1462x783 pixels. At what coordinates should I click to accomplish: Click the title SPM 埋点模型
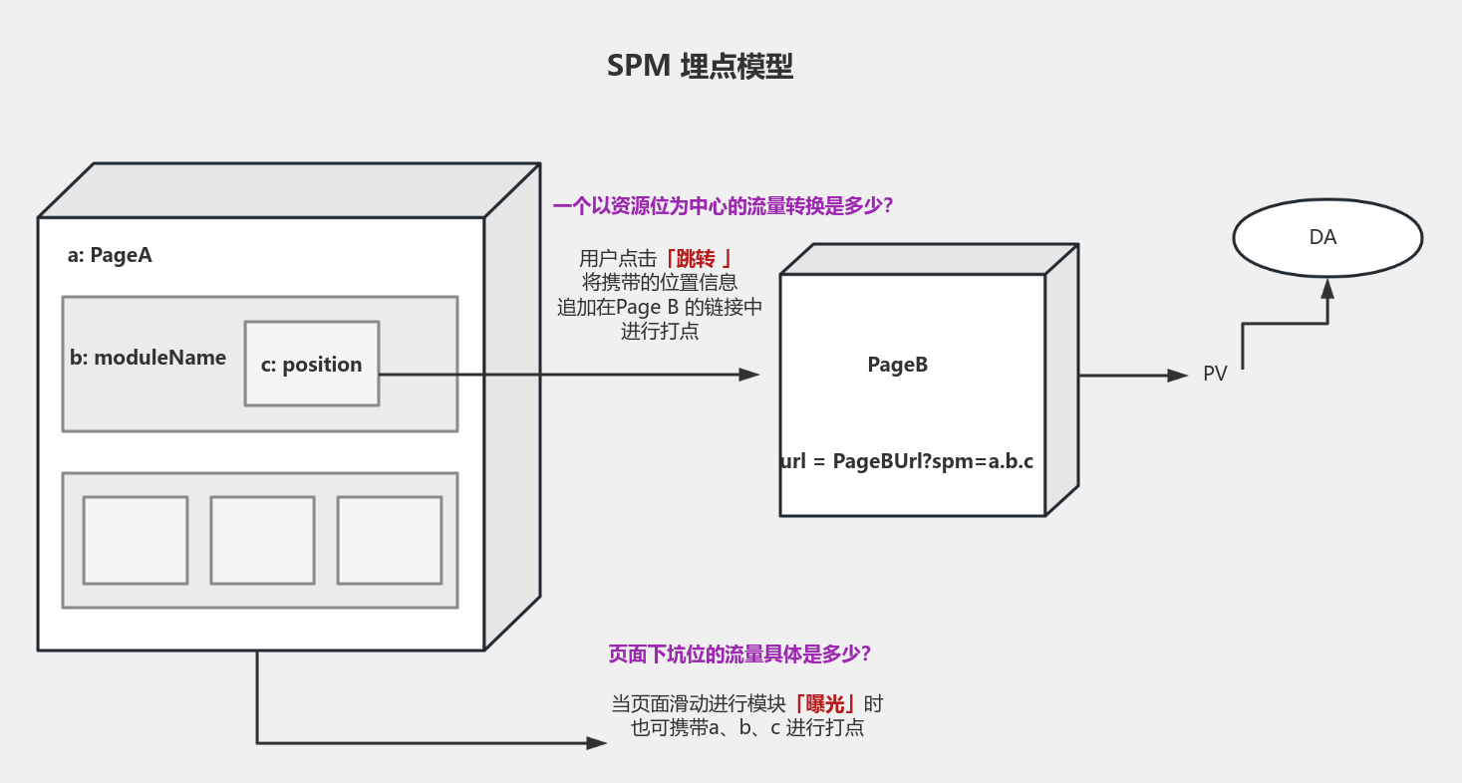tap(700, 67)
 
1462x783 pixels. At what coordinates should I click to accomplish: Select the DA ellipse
tap(1326, 238)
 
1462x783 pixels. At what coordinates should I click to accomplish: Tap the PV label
tap(1215, 375)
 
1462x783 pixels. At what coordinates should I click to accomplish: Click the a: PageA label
tap(110, 255)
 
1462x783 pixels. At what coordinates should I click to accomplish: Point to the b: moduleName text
tap(147, 358)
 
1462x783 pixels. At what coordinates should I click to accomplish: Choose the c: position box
tap(312, 364)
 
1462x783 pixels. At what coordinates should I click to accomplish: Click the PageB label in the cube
tap(897, 365)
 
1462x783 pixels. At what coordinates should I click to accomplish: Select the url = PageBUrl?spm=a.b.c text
tap(907, 461)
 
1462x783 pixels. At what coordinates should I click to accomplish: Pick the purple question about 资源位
tap(723, 206)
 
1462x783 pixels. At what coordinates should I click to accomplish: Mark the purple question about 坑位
tap(739, 654)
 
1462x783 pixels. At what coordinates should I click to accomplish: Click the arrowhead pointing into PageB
tap(749, 375)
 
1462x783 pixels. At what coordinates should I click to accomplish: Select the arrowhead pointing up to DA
tap(1326, 289)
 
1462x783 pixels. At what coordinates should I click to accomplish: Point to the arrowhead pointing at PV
tap(1178, 376)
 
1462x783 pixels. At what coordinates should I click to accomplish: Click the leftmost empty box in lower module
tap(136, 540)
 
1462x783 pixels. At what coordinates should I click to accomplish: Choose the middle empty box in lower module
tap(262, 540)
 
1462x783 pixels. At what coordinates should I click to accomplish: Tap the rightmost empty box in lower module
tap(390, 540)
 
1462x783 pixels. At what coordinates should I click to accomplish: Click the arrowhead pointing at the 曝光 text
tap(596, 742)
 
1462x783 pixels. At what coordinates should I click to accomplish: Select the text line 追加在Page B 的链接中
tap(659, 308)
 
